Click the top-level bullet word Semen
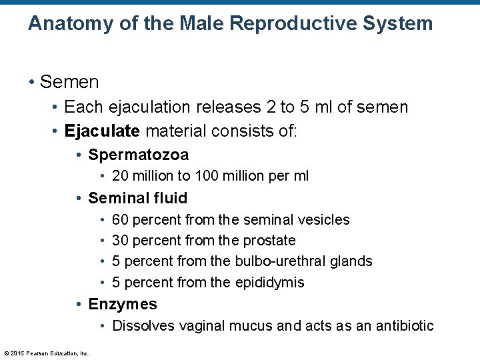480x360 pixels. coord(69,82)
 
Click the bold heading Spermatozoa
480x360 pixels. coord(138,155)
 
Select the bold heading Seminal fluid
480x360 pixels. coord(137,198)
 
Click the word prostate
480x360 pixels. coord(271,240)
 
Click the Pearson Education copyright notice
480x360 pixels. coord(47,353)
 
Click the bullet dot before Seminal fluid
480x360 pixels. coord(79,198)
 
